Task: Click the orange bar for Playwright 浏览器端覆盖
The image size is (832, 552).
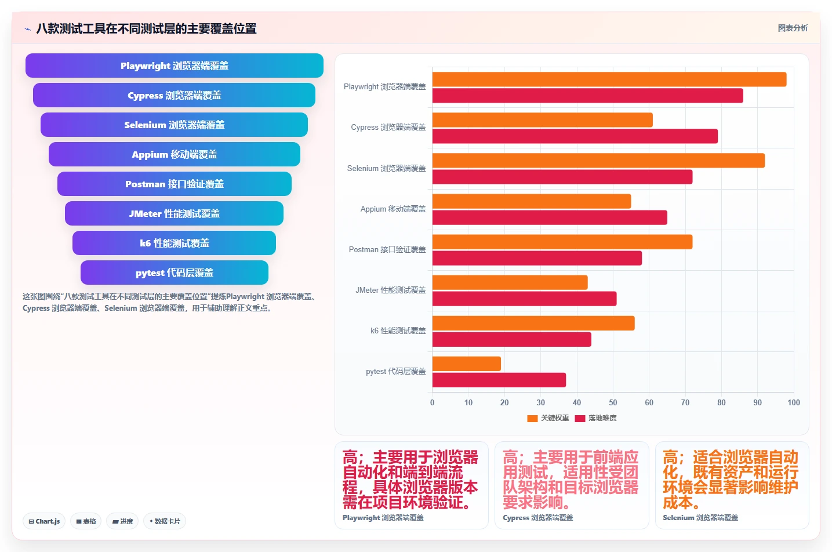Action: tap(609, 79)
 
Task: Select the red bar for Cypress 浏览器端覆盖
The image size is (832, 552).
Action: tap(575, 136)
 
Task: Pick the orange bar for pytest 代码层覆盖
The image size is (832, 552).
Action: tap(467, 364)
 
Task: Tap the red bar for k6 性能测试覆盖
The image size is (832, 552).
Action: tap(512, 340)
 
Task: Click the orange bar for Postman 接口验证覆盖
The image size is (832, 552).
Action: tap(562, 242)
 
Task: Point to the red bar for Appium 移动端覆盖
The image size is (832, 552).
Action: tap(550, 217)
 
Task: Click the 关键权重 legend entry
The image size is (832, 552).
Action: tap(548, 418)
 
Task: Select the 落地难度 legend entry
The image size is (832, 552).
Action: tap(596, 418)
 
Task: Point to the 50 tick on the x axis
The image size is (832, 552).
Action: tap(613, 402)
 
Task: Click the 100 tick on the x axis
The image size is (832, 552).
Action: tap(794, 402)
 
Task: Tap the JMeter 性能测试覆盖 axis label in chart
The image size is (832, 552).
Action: tap(391, 290)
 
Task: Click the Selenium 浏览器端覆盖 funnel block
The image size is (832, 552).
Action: tap(174, 125)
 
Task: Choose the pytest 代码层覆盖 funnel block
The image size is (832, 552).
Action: tap(174, 273)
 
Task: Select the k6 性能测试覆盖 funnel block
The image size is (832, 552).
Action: tap(174, 243)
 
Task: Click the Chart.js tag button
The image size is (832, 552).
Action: tap(44, 521)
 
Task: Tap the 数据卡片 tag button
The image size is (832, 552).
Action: tap(165, 521)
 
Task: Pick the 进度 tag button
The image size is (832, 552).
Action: tap(122, 521)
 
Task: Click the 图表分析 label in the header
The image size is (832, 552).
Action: tap(793, 28)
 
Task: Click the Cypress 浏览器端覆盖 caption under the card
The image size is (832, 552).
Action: tap(538, 517)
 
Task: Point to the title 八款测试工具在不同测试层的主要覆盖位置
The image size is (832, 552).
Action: tap(146, 28)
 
